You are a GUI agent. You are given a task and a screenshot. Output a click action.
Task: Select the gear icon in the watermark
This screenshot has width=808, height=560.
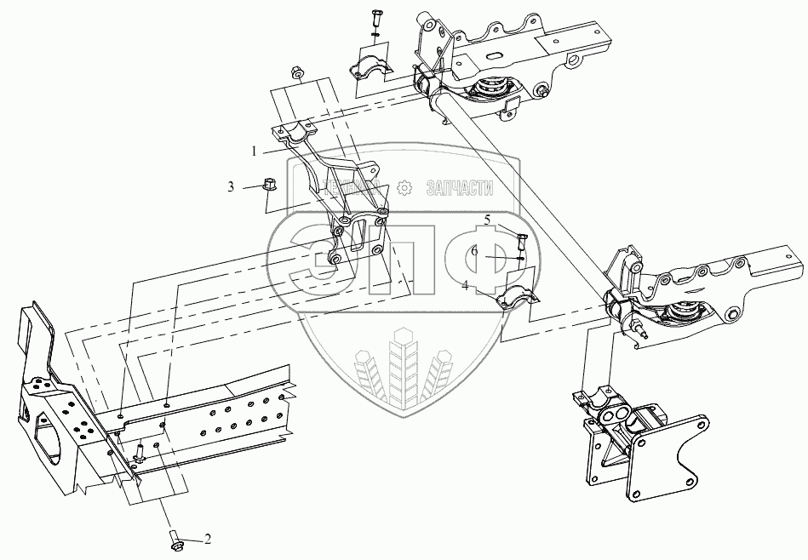click(x=405, y=184)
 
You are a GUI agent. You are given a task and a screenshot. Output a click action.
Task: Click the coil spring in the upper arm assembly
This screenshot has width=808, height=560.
click(x=490, y=88)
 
